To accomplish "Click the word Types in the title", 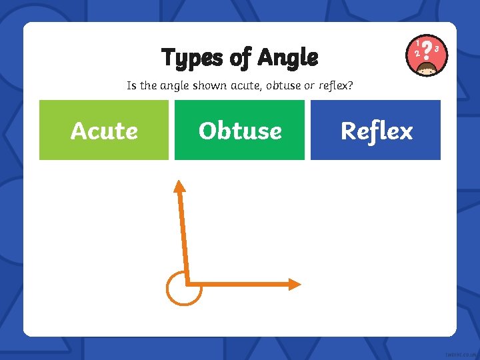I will [x=191, y=59].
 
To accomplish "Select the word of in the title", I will [x=239, y=59].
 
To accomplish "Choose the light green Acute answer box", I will [x=104, y=130].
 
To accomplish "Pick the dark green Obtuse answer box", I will [x=239, y=130].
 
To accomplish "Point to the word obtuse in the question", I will [x=287, y=86].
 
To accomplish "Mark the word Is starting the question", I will [x=131, y=86].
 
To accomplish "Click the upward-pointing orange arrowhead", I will [x=179, y=187].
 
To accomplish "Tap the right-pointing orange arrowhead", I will [x=294, y=284].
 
